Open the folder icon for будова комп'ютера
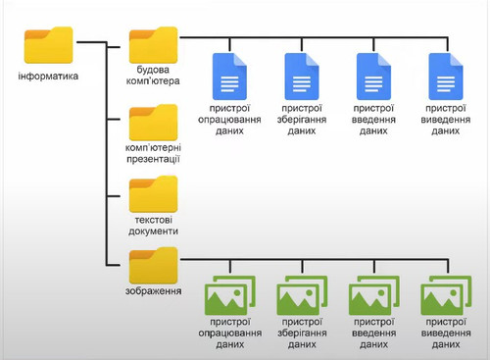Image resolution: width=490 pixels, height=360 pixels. [153, 45]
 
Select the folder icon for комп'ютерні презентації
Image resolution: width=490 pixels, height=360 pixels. [153, 122]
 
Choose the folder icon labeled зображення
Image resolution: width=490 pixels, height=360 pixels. [153, 264]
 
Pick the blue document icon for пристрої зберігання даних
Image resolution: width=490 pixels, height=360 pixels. [302, 75]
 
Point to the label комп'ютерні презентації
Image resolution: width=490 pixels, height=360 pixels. [153, 152]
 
